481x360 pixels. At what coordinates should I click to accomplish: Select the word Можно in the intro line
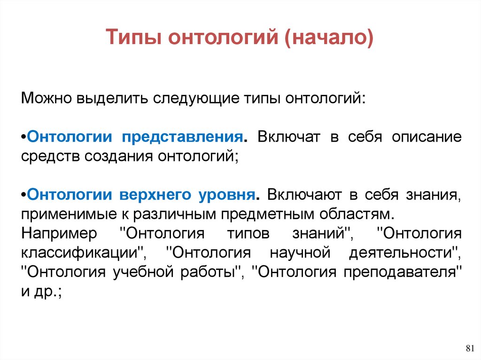click(43, 99)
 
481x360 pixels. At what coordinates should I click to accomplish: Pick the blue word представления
click(183, 137)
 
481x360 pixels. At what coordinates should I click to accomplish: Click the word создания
click(119, 155)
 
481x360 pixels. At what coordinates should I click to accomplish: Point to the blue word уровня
click(225, 194)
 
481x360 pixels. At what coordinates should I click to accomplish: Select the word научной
click(295, 252)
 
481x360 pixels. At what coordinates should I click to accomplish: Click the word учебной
click(136, 271)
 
